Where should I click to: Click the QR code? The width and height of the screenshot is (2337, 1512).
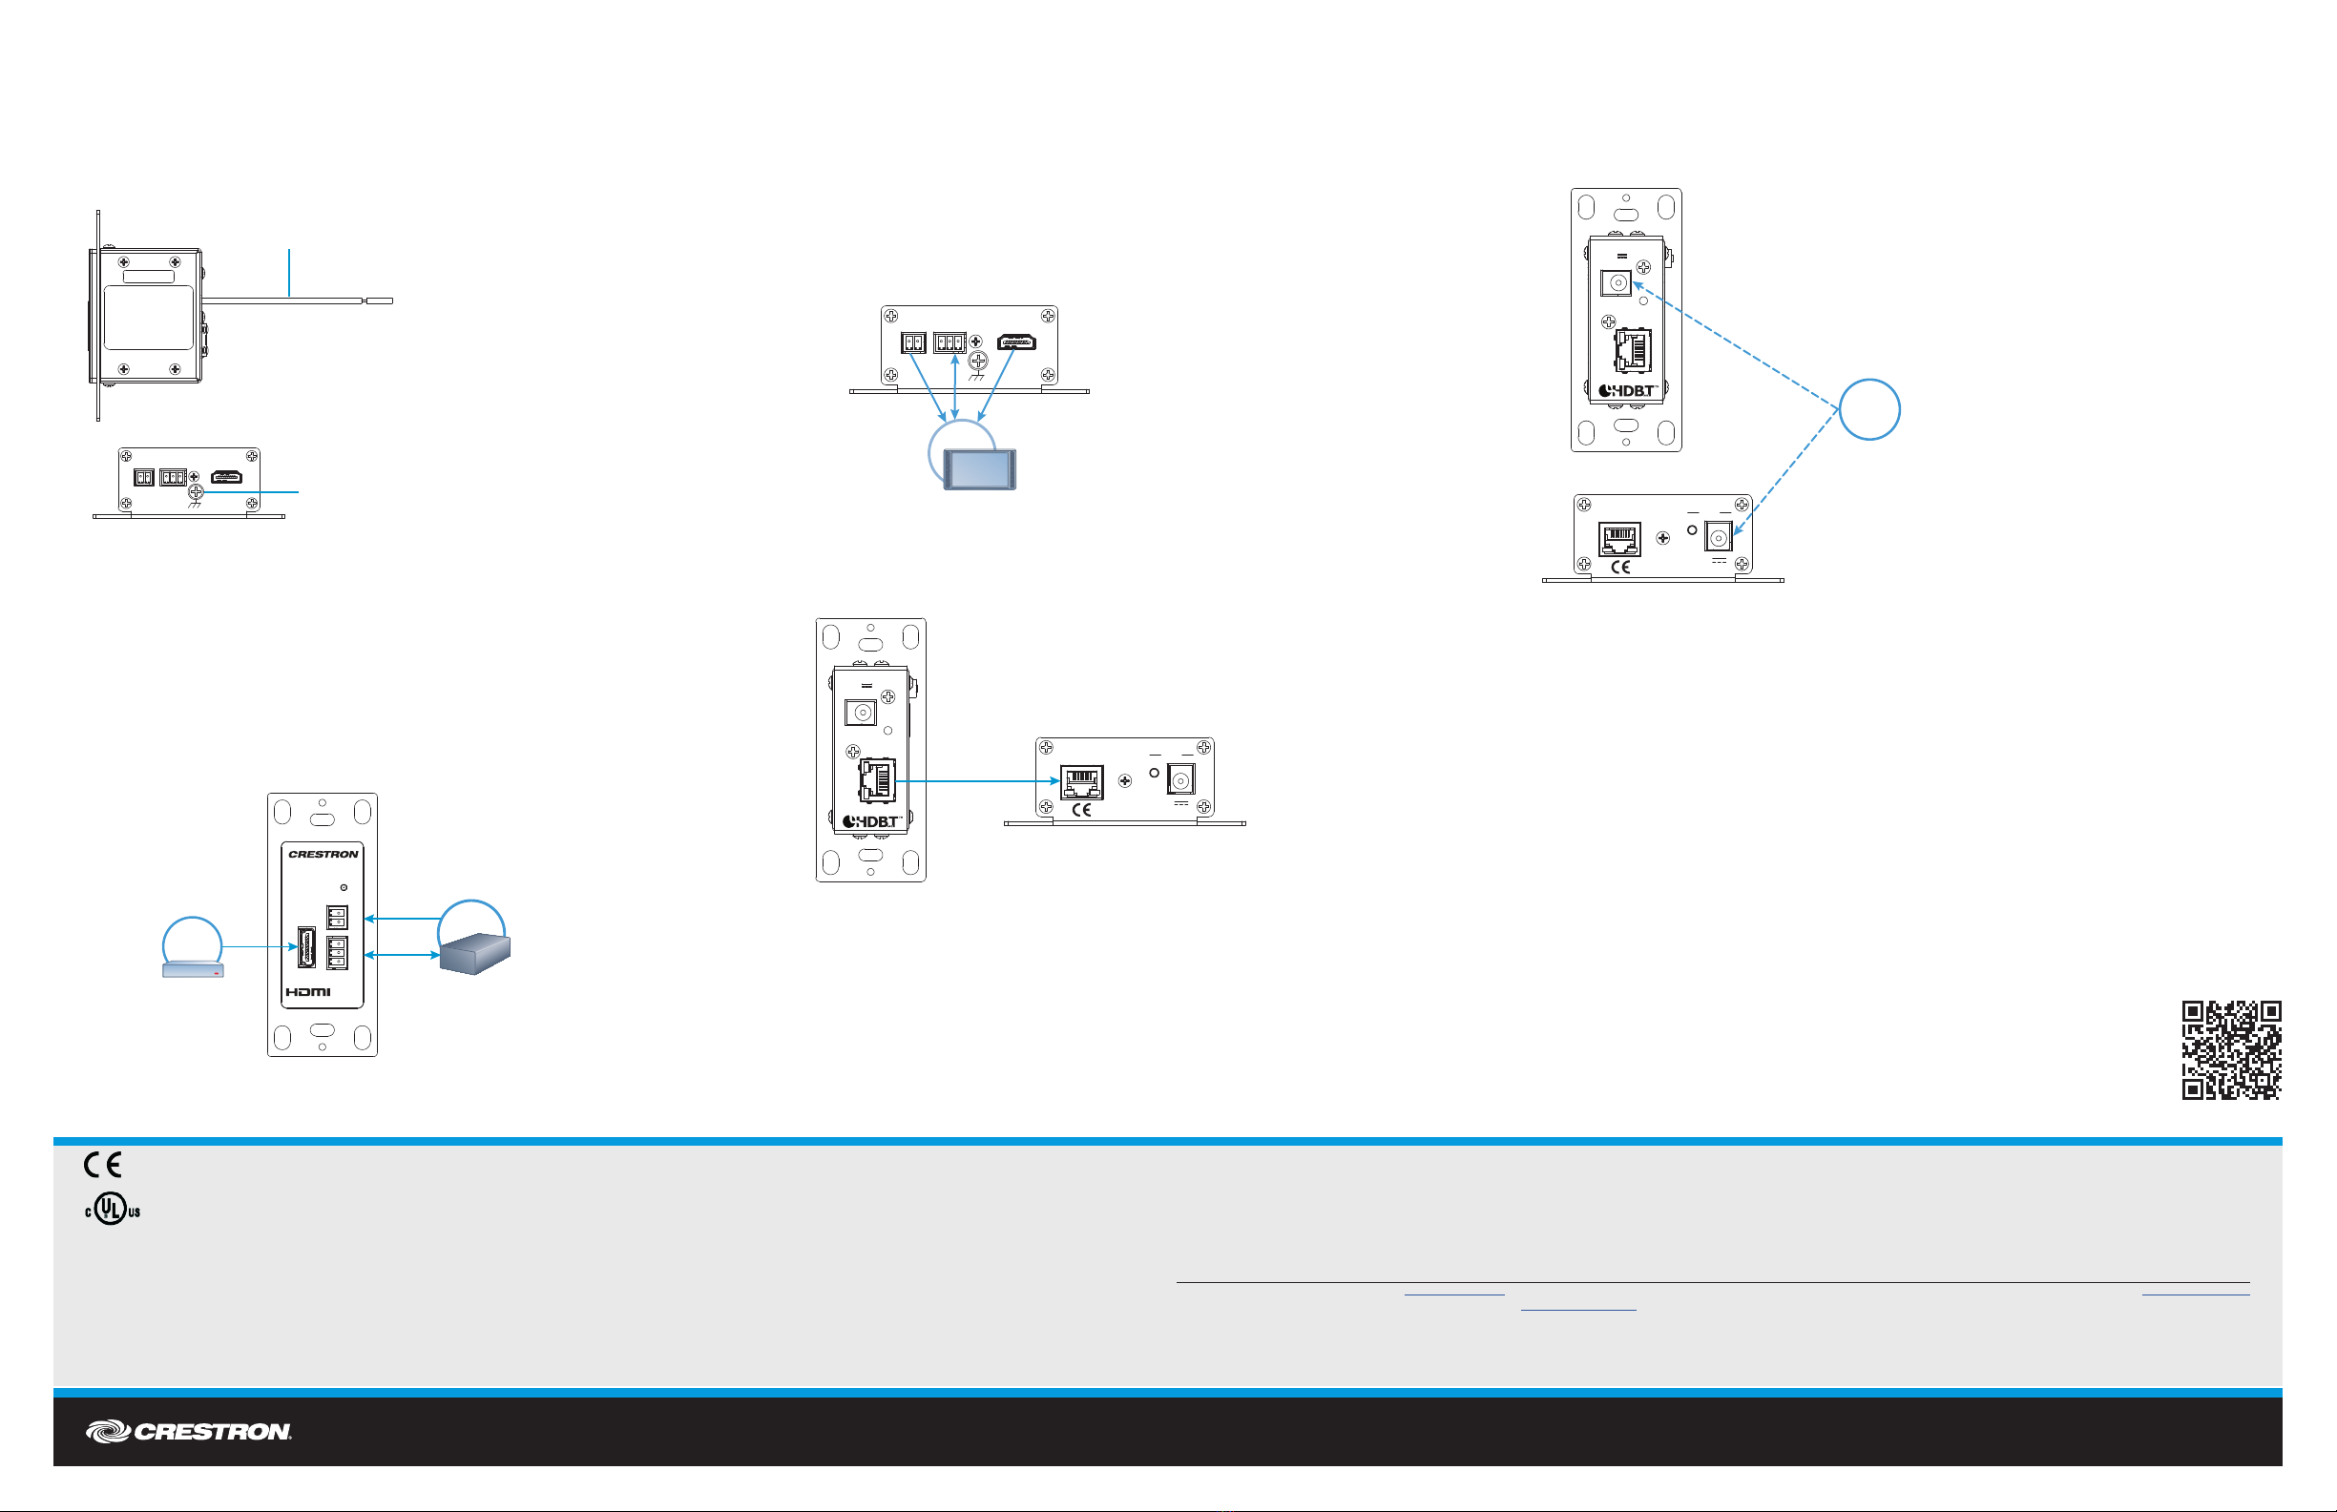[x=2231, y=1049]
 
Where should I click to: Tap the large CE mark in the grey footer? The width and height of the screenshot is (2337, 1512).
[x=102, y=1165]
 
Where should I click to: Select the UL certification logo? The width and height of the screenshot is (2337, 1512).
[x=112, y=1209]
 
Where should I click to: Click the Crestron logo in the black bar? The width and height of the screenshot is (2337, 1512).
[x=189, y=1431]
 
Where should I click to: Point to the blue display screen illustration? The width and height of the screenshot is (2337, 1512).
[x=979, y=468]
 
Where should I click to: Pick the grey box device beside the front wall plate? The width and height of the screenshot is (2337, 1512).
[x=475, y=952]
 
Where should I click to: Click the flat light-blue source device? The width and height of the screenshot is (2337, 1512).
[x=194, y=969]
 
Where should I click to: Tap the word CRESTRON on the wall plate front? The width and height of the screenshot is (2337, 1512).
[x=323, y=854]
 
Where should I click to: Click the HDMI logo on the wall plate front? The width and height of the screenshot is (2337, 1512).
[x=308, y=992]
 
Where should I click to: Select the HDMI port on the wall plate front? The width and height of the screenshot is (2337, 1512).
[x=306, y=947]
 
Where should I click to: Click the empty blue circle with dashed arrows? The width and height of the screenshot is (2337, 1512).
[x=1868, y=409]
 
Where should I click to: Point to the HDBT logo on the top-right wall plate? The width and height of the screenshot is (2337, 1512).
[x=1627, y=391]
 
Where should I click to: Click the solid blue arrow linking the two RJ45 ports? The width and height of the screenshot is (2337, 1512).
[x=977, y=781]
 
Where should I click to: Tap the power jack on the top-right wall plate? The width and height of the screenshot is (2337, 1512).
[x=1617, y=282]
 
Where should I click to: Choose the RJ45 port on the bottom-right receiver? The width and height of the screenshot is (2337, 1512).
[x=1619, y=538]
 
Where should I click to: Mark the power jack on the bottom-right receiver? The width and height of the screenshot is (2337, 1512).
[x=1719, y=538]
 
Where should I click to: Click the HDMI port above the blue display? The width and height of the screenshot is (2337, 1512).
[x=1016, y=342]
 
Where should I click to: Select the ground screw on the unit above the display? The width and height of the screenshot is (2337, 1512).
[x=978, y=361]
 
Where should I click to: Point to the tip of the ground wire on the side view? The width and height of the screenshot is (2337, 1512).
[x=380, y=300]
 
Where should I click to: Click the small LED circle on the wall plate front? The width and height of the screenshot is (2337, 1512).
[x=344, y=887]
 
